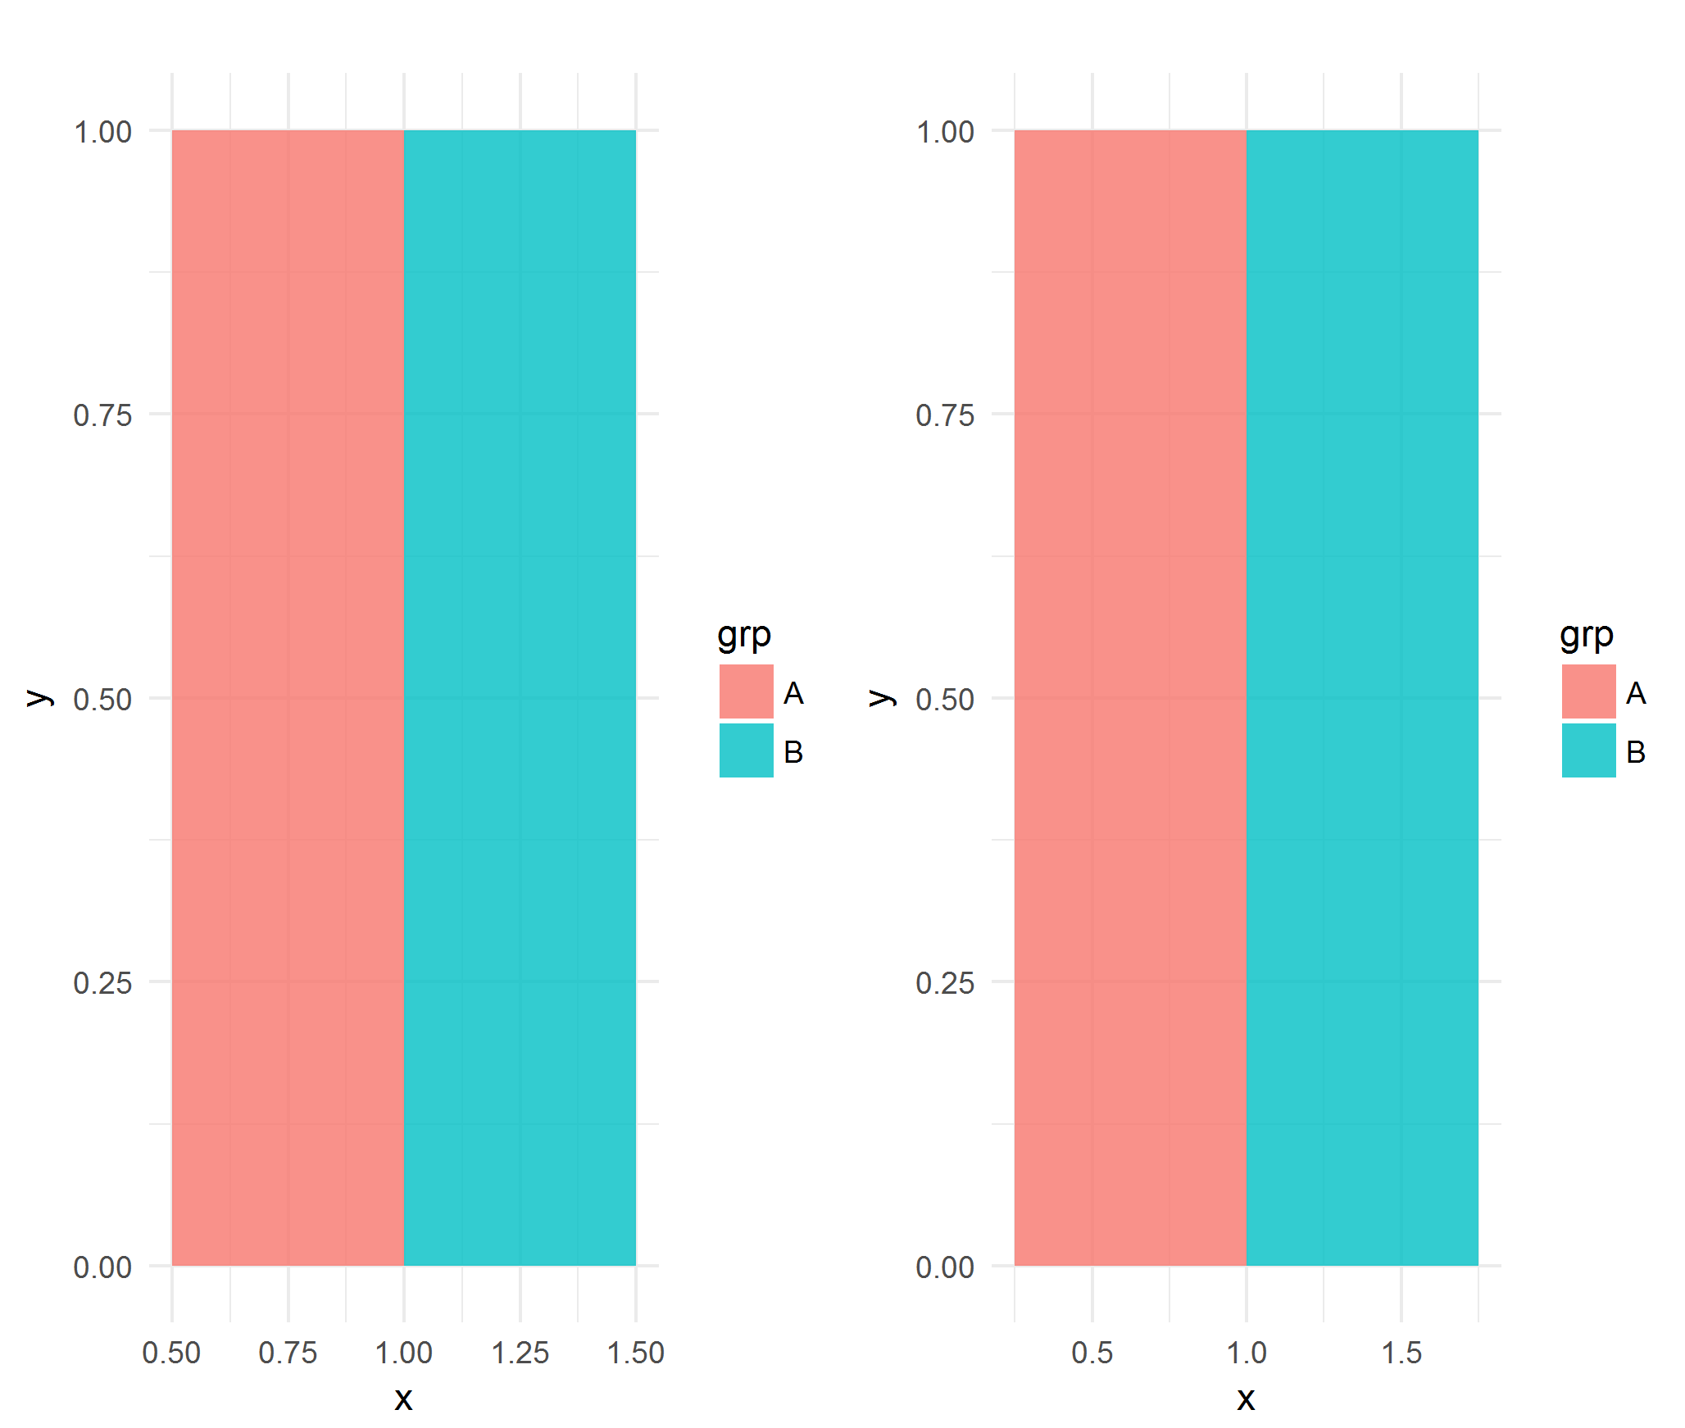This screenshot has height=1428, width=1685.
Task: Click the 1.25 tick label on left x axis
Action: (x=520, y=1353)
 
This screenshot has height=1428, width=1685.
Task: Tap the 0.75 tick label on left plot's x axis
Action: (x=288, y=1353)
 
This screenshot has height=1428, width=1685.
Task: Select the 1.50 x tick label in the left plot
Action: (x=635, y=1353)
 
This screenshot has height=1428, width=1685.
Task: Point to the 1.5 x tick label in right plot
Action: (x=1401, y=1353)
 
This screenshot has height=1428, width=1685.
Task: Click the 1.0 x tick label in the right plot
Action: (x=1246, y=1353)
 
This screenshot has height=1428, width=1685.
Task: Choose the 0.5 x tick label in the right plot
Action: (x=1092, y=1353)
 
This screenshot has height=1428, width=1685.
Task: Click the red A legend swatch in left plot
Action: (x=746, y=691)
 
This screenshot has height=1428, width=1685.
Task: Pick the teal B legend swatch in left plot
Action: (x=746, y=750)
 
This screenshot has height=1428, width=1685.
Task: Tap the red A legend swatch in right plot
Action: (x=1587, y=691)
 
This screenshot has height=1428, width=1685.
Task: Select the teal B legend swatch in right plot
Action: (x=1587, y=750)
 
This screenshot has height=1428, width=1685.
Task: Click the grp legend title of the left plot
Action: (x=743, y=635)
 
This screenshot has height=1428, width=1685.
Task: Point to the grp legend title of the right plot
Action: (x=1586, y=635)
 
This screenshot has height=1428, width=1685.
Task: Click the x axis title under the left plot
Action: (x=403, y=1399)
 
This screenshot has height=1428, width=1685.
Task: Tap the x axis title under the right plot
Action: (x=1246, y=1399)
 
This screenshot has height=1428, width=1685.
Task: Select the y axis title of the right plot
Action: (x=881, y=697)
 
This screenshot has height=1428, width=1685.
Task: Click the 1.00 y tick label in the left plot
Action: (x=102, y=132)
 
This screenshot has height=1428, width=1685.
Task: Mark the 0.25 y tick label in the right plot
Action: (x=945, y=983)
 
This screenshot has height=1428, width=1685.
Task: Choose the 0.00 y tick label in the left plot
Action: (x=102, y=1267)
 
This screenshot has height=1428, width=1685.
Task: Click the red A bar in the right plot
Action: (x=1130, y=696)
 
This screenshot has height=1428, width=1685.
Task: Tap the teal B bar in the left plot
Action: (x=520, y=696)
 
